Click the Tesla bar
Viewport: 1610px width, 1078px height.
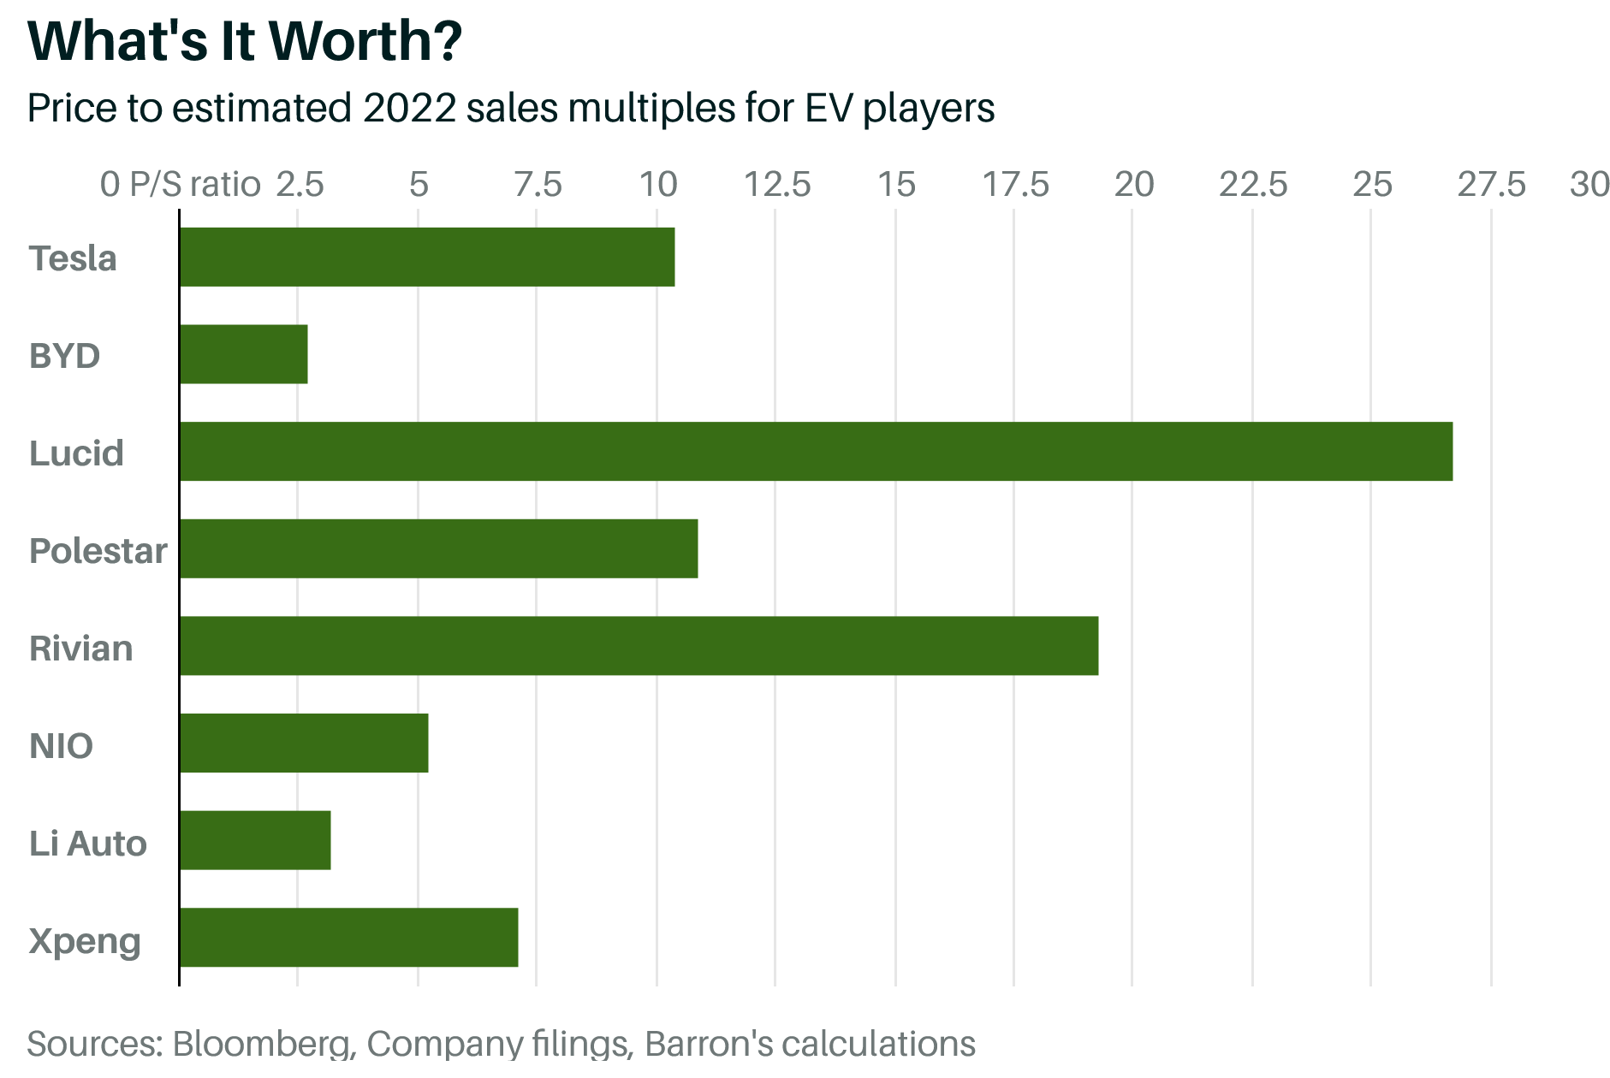[x=427, y=257]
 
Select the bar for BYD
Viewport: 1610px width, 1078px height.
[x=244, y=354]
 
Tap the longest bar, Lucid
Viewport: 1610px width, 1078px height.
[x=816, y=452]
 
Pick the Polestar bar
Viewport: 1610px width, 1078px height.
[x=438, y=549]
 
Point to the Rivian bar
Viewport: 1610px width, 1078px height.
[x=639, y=646]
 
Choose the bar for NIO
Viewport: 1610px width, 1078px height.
[x=304, y=743]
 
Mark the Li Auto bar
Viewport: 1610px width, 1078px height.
[x=255, y=840]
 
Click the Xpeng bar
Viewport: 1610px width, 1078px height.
[x=348, y=938]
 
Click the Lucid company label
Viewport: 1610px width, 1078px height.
[x=76, y=453]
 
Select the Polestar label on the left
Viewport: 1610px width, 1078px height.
[x=98, y=551]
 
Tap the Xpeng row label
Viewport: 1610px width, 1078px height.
[x=85, y=941]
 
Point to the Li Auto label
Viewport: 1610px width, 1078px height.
[x=87, y=844]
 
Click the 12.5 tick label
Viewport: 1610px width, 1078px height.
[x=776, y=185]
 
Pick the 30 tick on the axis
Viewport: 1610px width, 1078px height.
[x=1589, y=185]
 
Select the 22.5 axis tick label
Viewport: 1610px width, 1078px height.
[x=1253, y=185]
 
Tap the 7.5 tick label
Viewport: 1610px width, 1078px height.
[x=538, y=185]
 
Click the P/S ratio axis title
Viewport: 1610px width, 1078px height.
[x=194, y=185]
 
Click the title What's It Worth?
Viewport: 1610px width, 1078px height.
[x=245, y=40]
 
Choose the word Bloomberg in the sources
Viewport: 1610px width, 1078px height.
[x=262, y=1044]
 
